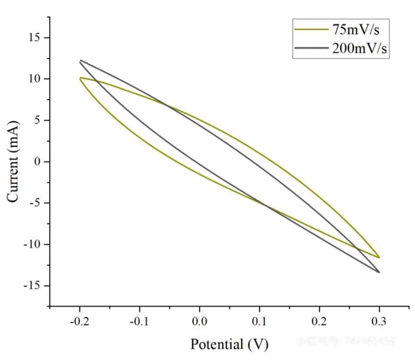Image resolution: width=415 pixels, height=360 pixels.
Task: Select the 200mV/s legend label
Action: click(359, 48)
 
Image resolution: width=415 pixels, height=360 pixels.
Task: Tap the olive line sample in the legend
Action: click(312, 30)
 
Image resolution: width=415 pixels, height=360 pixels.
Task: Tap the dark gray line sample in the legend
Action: click(312, 48)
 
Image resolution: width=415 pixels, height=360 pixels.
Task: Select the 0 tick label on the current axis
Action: click(39, 162)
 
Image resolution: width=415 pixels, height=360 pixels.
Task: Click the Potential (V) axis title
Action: click(229, 344)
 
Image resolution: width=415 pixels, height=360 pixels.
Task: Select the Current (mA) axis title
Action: click(13, 161)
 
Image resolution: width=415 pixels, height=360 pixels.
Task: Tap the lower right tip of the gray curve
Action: click(379, 272)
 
